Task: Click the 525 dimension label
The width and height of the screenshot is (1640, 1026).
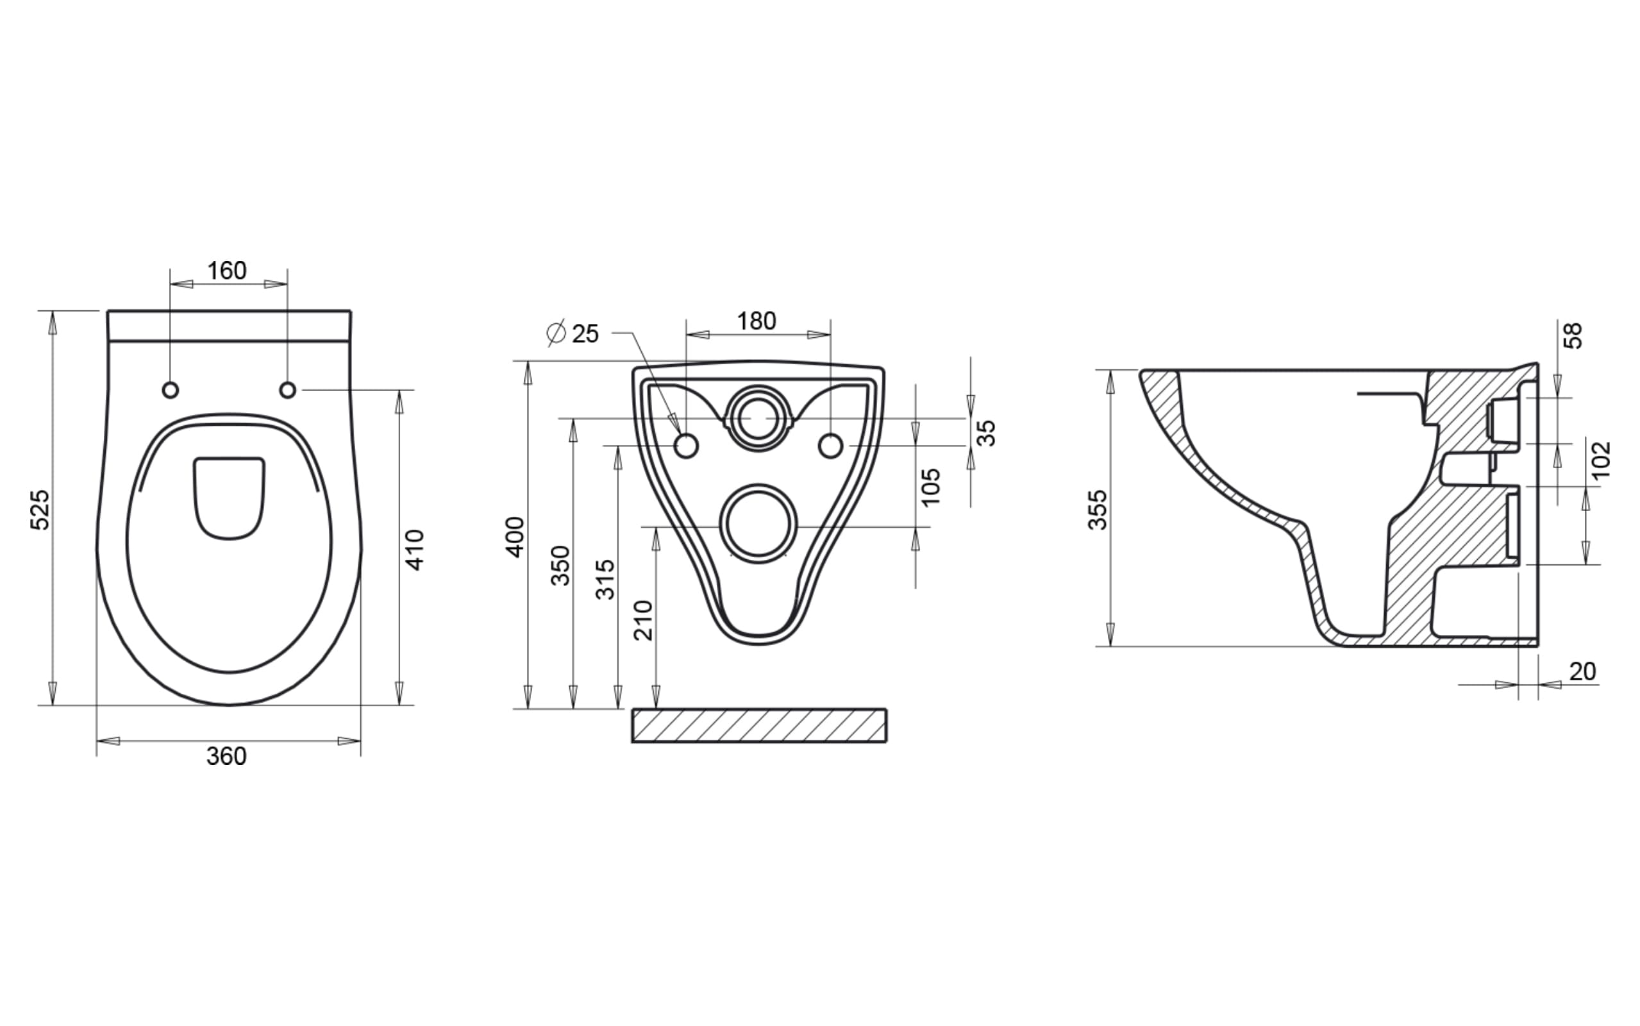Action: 40,510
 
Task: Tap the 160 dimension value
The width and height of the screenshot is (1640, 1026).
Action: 226,271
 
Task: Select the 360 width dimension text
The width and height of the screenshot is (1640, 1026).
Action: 226,756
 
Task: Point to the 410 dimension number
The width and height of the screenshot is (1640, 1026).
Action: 414,550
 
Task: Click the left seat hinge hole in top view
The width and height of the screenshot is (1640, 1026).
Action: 171,390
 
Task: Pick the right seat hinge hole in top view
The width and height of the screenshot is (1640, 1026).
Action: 288,390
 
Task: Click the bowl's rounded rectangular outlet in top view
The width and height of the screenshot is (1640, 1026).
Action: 230,499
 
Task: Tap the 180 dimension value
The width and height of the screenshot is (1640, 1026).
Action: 757,321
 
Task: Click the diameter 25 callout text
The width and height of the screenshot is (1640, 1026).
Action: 573,333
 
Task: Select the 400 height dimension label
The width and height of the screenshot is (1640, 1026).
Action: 516,537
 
